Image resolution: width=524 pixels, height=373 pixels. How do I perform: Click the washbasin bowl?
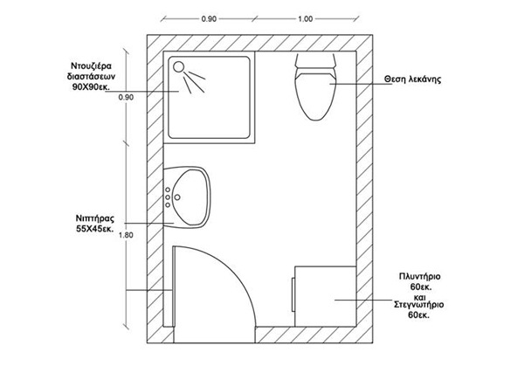pos(191,197)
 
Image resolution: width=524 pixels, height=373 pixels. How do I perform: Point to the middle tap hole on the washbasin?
pos(169,197)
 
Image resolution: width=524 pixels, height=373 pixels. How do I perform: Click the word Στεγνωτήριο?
pos(420,305)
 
